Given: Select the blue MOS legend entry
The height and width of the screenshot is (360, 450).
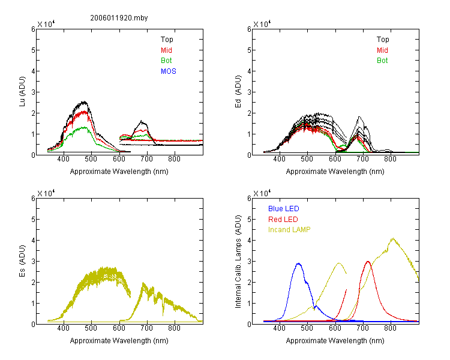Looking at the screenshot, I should [169, 71].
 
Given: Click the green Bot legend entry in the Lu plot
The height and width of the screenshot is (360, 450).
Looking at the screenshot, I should [166, 61].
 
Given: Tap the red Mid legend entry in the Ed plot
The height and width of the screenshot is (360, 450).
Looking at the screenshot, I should [382, 50].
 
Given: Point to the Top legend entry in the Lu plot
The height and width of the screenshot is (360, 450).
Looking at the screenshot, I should [167, 40].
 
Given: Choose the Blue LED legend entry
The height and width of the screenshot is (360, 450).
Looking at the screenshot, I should [283, 209].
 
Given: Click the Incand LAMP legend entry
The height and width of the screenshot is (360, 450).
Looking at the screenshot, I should [289, 230].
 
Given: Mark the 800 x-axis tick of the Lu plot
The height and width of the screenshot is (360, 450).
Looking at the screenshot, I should [175, 160].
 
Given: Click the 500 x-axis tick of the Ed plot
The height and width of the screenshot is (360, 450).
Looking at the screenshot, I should [307, 160].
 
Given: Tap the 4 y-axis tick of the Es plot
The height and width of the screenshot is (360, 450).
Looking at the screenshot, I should [32, 241].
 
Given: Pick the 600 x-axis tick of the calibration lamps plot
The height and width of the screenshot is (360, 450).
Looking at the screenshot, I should [335, 329].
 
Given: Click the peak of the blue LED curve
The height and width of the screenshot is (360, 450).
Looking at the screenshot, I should [298, 263].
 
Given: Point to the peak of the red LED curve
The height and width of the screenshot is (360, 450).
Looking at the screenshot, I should [368, 261].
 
